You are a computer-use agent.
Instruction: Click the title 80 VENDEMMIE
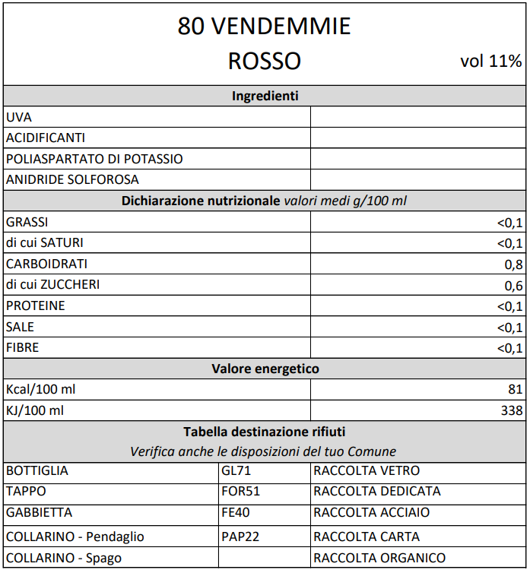(x=264, y=27)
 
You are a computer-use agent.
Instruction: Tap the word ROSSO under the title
(x=264, y=61)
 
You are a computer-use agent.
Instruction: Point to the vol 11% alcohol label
(x=491, y=62)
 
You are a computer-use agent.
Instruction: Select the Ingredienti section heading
(x=265, y=96)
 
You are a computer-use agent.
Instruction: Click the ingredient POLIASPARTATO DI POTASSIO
(x=94, y=159)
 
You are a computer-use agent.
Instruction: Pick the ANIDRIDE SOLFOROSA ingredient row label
(x=72, y=180)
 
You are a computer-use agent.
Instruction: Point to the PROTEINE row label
(x=36, y=306)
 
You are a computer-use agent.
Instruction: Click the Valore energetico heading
(x=265, y=369)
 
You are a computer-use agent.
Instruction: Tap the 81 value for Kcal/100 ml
(x=516, y=390)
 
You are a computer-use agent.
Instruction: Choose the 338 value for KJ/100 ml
(x=512, y=411)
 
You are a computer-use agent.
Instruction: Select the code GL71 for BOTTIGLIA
(x=236, y=471)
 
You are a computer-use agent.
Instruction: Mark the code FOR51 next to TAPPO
(x=240, y=492)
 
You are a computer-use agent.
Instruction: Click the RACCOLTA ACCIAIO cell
(x=371, y=513)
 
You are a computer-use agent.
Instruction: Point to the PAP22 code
(x=240, y=537)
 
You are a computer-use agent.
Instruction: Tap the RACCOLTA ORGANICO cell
(x=379, y=559)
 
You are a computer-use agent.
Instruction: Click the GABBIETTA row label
(x=40, y=513)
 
